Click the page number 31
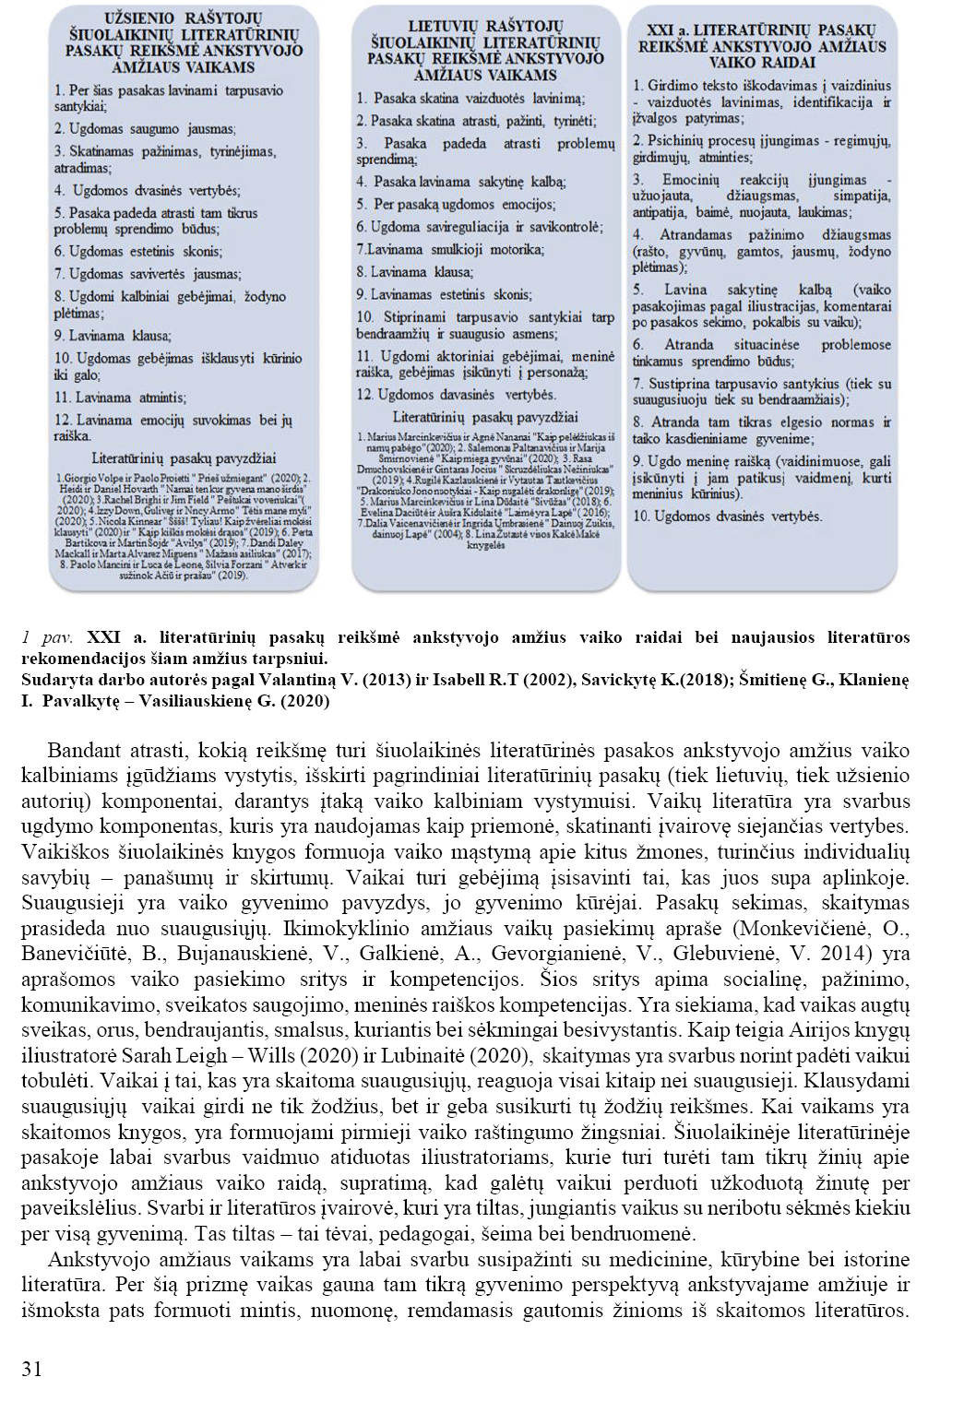30,1369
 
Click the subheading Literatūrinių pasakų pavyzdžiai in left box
184,457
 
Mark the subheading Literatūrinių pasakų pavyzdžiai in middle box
486,417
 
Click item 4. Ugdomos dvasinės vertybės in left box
146,190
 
